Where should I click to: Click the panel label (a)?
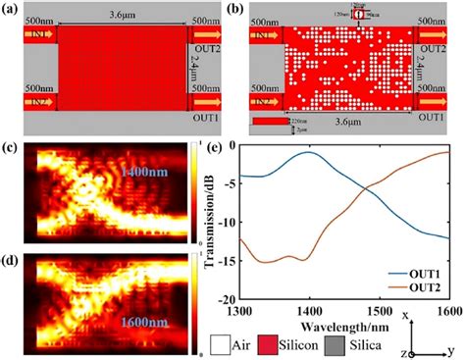click(12, 8)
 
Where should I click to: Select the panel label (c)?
click(12, 149)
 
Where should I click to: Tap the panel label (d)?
click(12, 260)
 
